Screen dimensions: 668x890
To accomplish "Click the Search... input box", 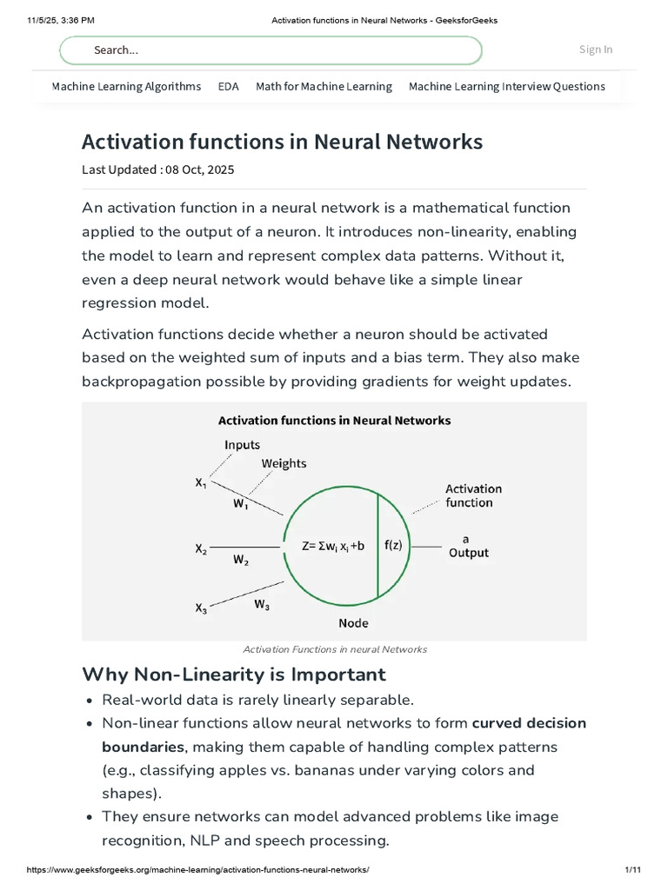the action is [271, 50].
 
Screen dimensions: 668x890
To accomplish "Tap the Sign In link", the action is [596, 50].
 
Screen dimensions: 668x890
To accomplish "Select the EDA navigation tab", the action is [229, 86].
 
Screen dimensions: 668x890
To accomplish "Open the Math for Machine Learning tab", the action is [324, 86].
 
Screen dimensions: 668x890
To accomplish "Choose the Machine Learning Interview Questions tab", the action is [507, 86].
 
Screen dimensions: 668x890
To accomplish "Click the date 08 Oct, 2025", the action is [199, 169].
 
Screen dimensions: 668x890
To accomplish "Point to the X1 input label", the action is [201, 483].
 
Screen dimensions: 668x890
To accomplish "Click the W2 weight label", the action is [241, 561].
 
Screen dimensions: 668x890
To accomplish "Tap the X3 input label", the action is [201, 608].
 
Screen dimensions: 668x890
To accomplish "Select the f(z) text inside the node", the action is [393, 545].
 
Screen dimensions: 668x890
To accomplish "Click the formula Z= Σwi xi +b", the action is [333, 546].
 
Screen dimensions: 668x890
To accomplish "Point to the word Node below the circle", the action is [353, 623].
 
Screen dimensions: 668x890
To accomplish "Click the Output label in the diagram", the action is [469, 553].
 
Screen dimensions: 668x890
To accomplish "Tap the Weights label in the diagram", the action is [284, 464].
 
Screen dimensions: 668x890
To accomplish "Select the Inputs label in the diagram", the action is [242, 445].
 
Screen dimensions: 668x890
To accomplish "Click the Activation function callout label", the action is [474, 495].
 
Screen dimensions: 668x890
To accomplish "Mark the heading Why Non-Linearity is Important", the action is [234, 674].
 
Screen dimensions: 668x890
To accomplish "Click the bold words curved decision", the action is [529, 723].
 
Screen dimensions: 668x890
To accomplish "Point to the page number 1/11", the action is [633, 869].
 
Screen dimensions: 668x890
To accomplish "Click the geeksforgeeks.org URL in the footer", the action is [197, 869].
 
